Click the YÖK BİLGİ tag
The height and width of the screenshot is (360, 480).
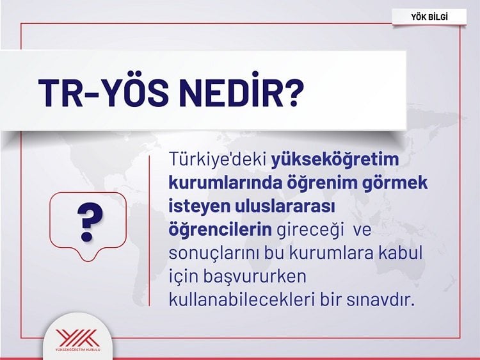click(x=429, y=17)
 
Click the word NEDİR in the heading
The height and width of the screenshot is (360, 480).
click(x=234, y=91)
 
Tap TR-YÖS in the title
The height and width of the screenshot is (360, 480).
click(x=103, y=92)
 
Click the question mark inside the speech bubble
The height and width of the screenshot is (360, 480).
click(x=90, y=221)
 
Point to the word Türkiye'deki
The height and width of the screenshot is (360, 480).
click(x=218, y=160)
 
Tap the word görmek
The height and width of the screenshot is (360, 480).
click(x=396, y=184)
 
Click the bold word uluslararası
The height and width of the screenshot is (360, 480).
click(x=285, y=206)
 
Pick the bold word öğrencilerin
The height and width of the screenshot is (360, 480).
click(x=220, y=230)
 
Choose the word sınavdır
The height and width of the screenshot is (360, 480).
click(x=380, y=299)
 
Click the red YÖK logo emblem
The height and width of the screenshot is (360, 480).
click(x=77, y=338)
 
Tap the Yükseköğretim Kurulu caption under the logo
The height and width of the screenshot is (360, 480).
click(x=77, y=350)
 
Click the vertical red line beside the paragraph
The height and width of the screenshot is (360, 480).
click(x=149, y=231)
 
